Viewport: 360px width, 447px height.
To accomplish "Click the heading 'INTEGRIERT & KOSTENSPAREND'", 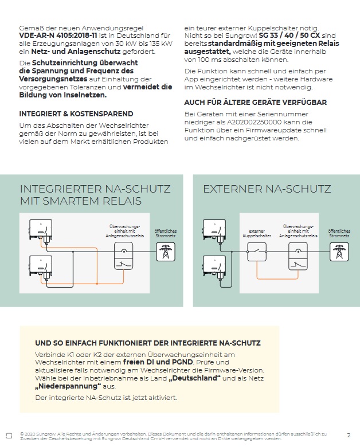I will (76, 113).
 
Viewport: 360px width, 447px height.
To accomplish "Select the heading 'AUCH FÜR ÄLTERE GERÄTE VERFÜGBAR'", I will (255, 102).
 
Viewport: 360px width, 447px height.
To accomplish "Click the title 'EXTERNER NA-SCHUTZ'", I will (267, 189).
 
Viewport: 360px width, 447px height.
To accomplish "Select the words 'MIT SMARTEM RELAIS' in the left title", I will (81, 201).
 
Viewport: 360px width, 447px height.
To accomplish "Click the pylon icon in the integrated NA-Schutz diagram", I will (167, 251).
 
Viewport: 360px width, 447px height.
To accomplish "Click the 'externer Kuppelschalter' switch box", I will (256, 251).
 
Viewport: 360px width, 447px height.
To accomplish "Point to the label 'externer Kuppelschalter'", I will (256, 233).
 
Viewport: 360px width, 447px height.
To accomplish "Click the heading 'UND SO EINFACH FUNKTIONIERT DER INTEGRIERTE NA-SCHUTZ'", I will (148, 343).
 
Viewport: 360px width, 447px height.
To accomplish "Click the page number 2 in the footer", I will (349, 436).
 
